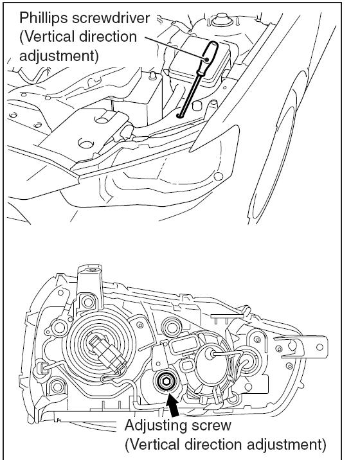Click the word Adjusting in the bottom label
coord(154,425)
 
